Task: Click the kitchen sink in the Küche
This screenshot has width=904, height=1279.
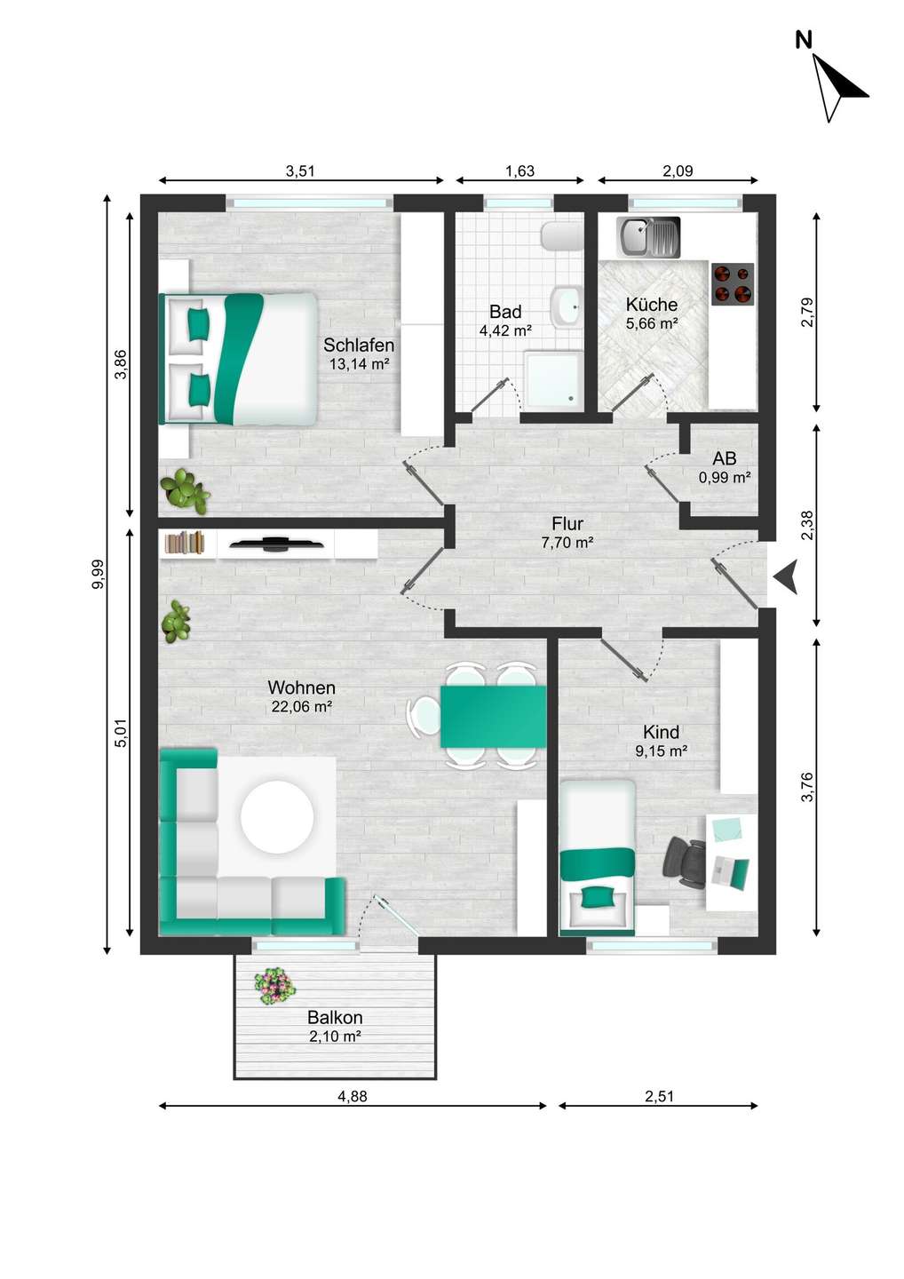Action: [647, 237]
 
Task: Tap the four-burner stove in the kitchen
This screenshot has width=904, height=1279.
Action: [733, 284]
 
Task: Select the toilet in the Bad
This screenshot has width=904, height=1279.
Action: [561, 236]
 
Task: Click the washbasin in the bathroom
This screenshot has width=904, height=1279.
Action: [567, 306]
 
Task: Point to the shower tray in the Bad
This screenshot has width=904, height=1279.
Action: [553, 380]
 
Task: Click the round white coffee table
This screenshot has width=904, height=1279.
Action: [277, 816]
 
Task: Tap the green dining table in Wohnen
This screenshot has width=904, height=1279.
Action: [493, 716]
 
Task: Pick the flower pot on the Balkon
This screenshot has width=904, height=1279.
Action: [275, 986]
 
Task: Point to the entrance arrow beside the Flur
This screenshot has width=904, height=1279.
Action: [786, 577]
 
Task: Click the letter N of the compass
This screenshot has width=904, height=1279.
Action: [804, 41]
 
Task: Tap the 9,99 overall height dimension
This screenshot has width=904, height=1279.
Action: [99, 574]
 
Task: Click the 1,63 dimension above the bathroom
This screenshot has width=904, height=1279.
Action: [519, 171]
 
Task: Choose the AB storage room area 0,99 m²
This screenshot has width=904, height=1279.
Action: [725, 477]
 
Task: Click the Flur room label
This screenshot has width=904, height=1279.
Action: [567, 523]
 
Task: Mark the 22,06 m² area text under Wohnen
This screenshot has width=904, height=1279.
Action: [302, 706]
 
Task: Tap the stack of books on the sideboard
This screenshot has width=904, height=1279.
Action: [185, 542]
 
